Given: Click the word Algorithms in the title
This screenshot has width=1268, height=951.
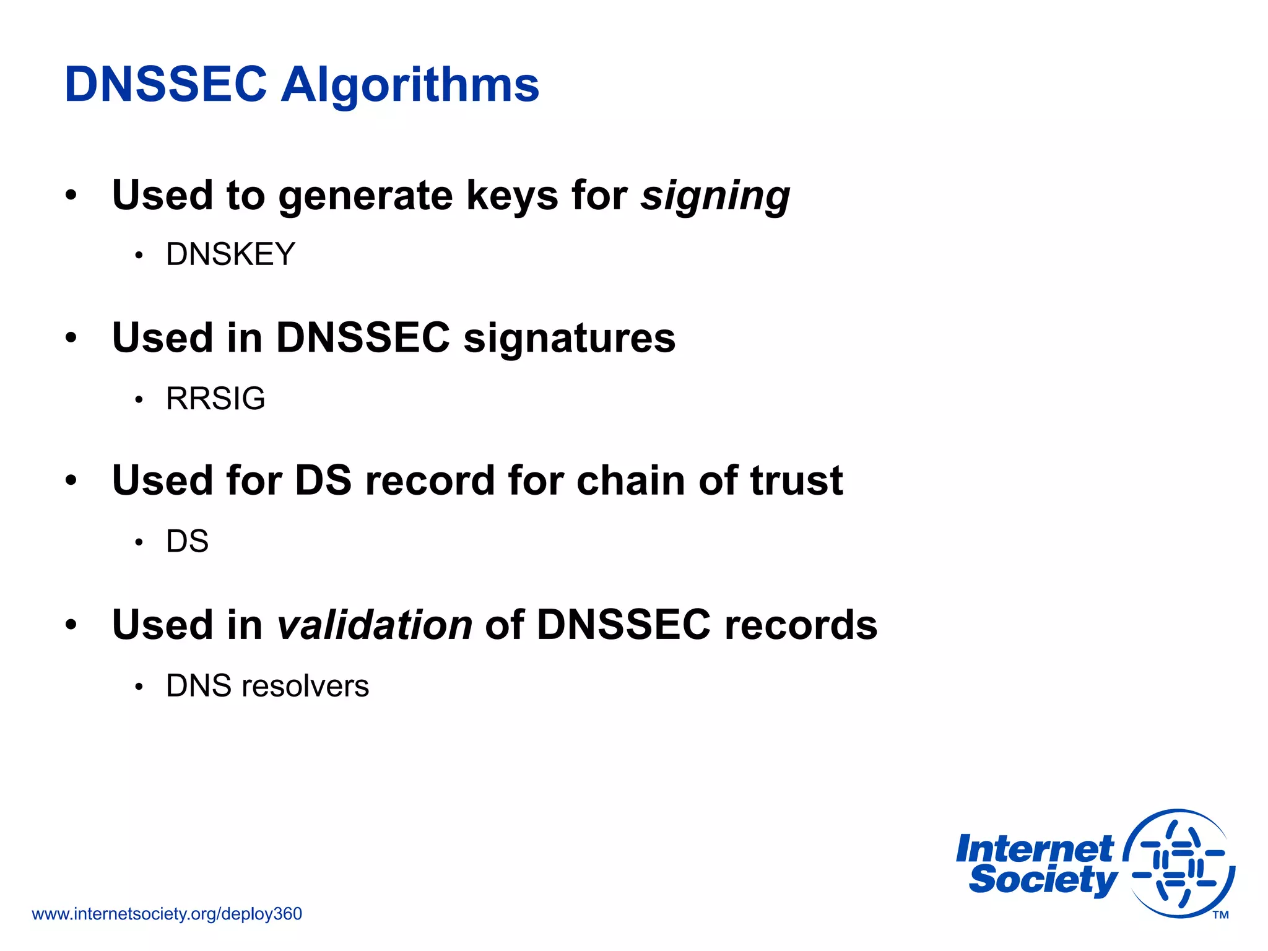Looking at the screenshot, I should click(x=410, y=85).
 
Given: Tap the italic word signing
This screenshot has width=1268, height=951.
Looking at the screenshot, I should click(x=715, y=196).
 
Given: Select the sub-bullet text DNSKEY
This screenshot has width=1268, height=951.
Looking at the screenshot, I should click(x=230, y=254).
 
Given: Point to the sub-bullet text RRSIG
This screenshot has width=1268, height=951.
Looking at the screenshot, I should click(x=215, y=398).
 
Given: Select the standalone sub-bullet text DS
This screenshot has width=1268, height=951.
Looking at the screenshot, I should click(x=187, y=542).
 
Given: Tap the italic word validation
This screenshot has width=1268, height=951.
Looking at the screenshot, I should click(x=375, y=625).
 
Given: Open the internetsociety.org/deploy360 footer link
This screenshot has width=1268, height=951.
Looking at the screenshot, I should click(x=167, y=914).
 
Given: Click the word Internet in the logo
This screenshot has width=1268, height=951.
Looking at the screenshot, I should click(x=1034, y=849).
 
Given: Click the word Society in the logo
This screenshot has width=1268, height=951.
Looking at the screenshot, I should click(x=1043, y=880).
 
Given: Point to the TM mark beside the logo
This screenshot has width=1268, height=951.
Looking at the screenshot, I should click(x=1220, y=915).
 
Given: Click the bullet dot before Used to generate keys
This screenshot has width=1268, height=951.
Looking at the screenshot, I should click(x=72, y=196).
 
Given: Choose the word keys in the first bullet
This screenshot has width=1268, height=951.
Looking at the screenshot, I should click(x=511, y=196).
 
